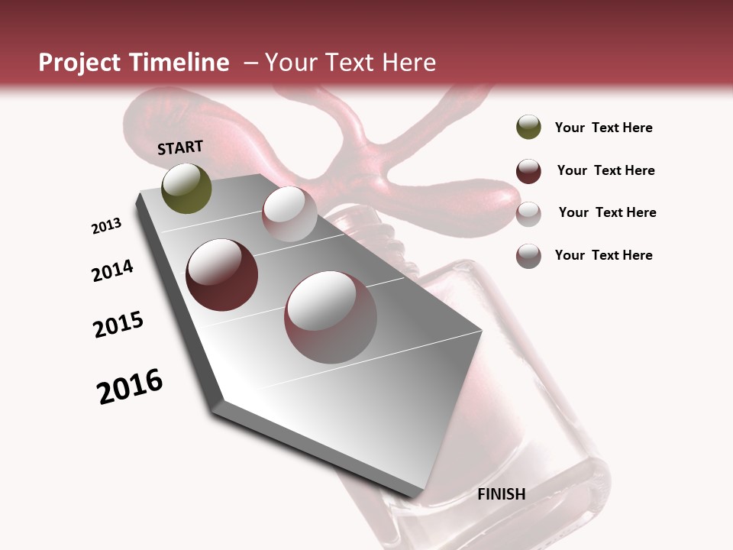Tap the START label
[x=180, y=147]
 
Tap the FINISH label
[x=502, y=494]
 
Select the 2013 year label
[x=106, y=226]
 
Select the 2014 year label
[x=112, y=270]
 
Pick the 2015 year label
[x=118, y=325]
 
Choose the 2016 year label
[x=130, y=387]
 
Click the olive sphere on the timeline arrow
[x=186, y=188]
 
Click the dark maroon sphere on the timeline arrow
[x=221, y=275]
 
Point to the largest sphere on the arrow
[x=331, y=317]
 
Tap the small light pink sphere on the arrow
[x=289, y=214]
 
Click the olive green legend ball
[x=528, y=127]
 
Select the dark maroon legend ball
[x=528, y=171]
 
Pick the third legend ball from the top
[x=528, y=214]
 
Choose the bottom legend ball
[x=528, y=256]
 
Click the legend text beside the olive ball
[x=603, y=128]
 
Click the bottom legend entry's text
[x=603, y=255]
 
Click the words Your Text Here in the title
[x=350, y=63]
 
